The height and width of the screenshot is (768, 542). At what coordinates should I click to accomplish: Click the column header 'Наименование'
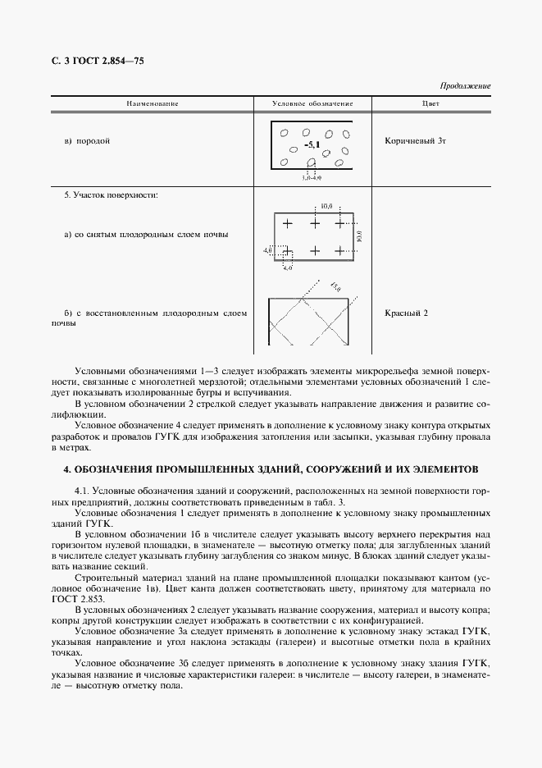(152, 104)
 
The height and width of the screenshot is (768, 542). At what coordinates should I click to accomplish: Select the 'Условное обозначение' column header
(312, 104)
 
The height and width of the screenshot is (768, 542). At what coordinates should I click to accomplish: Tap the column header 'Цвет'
(430, 104)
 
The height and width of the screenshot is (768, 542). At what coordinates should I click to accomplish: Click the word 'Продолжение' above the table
(465, 86)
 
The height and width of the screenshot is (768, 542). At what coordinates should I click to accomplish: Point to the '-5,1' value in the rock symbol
(312, 145)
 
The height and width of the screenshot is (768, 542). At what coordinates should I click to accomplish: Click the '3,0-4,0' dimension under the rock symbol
(311, 176)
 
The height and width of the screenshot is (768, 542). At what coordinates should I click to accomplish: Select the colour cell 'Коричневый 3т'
(415, 141)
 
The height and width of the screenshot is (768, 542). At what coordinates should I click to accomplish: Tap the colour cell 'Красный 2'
(407, 313)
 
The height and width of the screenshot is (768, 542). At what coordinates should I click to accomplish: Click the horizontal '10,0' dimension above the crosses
(326, 207)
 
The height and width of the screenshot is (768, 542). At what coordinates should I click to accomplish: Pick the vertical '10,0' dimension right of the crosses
(360, 236)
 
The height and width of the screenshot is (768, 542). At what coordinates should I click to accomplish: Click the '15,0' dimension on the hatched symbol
(335, 286)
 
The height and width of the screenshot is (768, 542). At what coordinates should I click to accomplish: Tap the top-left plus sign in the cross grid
(287, 223)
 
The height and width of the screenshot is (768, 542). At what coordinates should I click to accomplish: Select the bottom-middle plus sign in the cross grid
(314, 249)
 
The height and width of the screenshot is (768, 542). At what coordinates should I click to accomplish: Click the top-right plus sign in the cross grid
(341, 223)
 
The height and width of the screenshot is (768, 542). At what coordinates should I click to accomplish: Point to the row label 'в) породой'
(87, 141)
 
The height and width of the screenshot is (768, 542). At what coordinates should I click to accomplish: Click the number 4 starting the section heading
(66, 471)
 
